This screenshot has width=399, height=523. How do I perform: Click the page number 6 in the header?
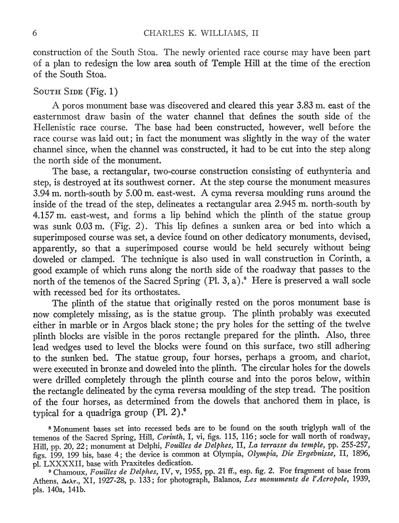pyautogui.click(x=34, y=34)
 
